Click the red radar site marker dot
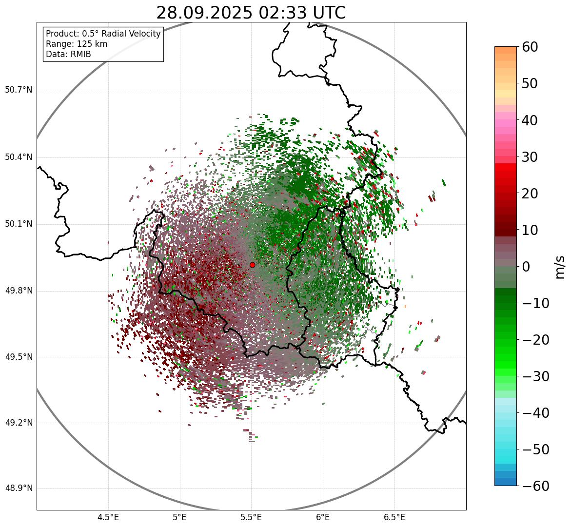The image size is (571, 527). point(253,265)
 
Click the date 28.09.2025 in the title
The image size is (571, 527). point(204,13)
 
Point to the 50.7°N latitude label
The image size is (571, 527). point(18,90)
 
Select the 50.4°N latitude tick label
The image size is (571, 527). point(18,157)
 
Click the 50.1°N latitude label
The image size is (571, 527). point(18,224)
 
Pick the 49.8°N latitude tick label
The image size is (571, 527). point(18,291)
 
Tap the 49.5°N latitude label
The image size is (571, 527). point(18,357)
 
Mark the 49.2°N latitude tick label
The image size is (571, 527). point(18,423)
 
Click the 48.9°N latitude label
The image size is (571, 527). point(18,488)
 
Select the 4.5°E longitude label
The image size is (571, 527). point(108,517)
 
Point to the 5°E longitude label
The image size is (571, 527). point(180,517)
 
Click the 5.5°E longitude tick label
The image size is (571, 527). point(251,517)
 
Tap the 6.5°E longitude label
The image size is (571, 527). point(394,517)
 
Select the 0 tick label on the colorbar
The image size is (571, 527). point(526,267)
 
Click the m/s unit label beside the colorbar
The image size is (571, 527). point(559,267)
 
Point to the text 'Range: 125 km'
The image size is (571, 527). point(77,44)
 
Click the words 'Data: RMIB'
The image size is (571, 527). point(68,54)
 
